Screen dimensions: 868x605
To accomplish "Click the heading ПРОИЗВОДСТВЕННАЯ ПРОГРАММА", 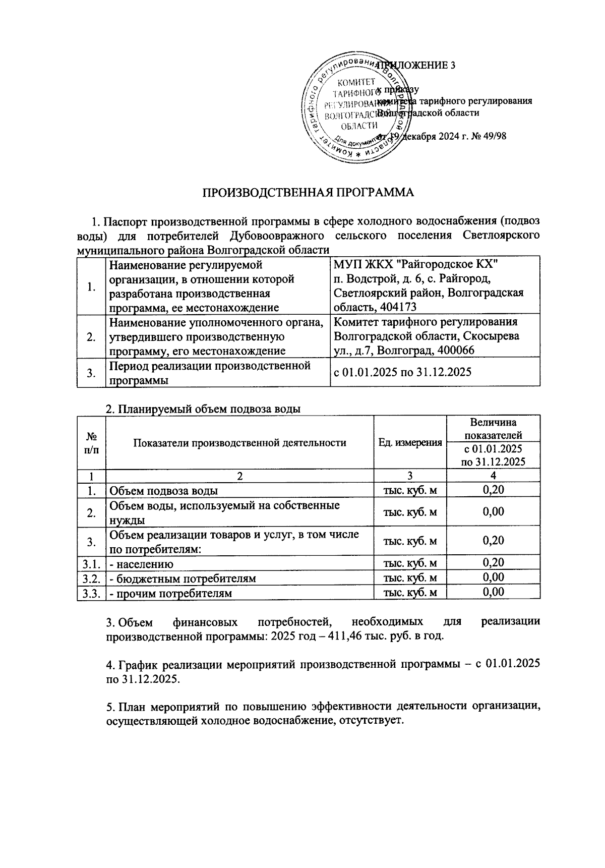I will click(308, 192).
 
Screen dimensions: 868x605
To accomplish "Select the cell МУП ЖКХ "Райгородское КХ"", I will click(416, 264).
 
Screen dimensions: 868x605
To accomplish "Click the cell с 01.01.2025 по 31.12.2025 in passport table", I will click(402, 373).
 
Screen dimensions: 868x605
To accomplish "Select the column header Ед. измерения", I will click(410, 443).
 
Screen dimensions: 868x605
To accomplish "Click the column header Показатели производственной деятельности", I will click(239, 443).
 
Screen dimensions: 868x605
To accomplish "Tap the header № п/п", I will click(91, 443).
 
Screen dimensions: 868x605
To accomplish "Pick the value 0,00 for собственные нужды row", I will click(493, 512).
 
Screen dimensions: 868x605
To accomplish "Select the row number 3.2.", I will click(91, 578).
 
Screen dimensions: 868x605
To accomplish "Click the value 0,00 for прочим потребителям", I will click(493, 593).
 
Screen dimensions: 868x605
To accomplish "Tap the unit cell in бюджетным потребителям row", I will click(410, 578).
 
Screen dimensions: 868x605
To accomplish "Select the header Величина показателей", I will click(493, 429).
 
